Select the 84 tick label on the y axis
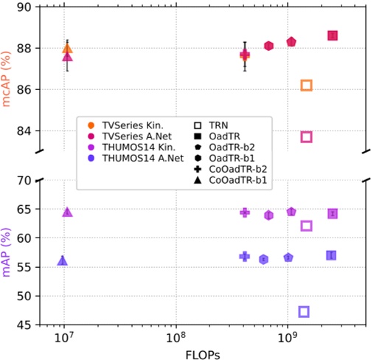[x=25, y=131]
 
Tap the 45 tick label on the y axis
[x=25, y=325]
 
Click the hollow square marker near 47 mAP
[x=303, y=312]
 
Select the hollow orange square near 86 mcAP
[x=306, y=86]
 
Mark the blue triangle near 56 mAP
[x=63, y=260]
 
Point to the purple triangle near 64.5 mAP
[x=67, y=212]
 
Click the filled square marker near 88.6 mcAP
[x=333, y=35]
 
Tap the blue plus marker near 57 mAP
[x=245, y=256]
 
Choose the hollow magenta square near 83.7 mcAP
[x=306, y=136]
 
